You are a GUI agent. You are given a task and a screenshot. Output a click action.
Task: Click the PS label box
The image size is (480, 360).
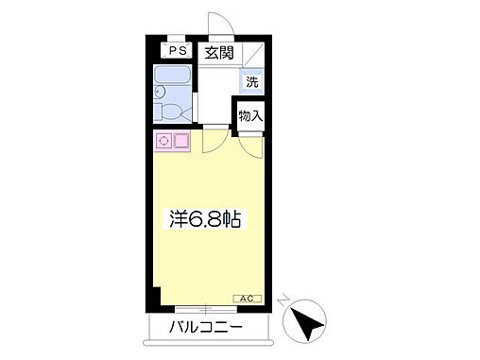pyautogui.click(x=177, y=52)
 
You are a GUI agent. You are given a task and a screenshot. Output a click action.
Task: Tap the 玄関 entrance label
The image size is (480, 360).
pyautogui.click(x=219, y=53)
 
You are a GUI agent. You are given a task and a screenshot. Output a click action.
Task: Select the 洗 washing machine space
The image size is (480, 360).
pyautogui.click(x=251, y=81)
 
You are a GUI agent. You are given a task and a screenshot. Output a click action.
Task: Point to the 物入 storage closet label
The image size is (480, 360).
pyautogui.click(x=250, y=116)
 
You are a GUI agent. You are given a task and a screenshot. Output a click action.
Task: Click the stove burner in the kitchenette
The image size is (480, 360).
pyautogui.click(x=163, y=142)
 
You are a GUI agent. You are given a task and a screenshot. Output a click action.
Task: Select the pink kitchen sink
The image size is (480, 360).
pyautogui.click(x=180, y=142)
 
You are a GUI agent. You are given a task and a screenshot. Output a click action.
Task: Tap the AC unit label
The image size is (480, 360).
pyautogui.click(x=244, y=299)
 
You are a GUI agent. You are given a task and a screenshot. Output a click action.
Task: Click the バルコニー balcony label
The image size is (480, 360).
pyautogui.click(x=207, y=329)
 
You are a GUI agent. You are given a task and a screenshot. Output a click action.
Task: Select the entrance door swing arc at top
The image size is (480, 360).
pyautogui.click(x=218, y=24)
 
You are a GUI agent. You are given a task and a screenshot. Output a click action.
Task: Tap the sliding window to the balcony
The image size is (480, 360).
pyautogui.click(x=206, y=309)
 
